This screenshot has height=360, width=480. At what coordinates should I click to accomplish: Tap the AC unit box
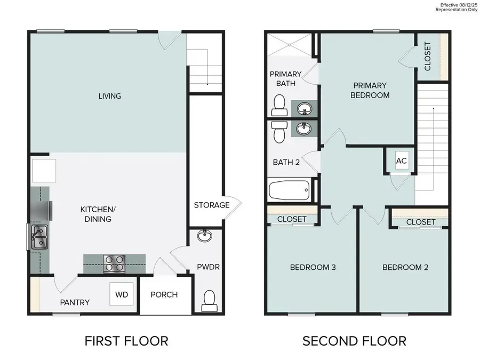(x=402, y=161)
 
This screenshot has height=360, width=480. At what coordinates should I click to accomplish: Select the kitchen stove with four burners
(x=114, y=263)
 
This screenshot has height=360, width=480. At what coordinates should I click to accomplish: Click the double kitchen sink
(x=38, y=237)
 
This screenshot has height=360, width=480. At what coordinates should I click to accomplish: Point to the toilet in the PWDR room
(x=209, y=300)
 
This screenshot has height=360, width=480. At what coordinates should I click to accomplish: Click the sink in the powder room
(x=203, y=236)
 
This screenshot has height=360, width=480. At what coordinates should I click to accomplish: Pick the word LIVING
(x=109, y=97)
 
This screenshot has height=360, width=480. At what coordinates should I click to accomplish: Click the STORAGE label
(x=212, y=205)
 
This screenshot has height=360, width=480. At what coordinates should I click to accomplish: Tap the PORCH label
(x=164, y=295)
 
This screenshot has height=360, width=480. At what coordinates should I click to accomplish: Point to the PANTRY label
(x=74, y=302)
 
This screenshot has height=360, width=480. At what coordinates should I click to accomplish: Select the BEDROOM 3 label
(x=312, y=267)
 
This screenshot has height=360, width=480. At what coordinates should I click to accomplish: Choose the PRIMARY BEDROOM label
(x=370, y=90)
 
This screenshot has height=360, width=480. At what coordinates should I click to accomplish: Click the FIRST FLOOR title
(x=127, y=340)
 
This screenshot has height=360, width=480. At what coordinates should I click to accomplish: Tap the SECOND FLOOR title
(x=355, y=340)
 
